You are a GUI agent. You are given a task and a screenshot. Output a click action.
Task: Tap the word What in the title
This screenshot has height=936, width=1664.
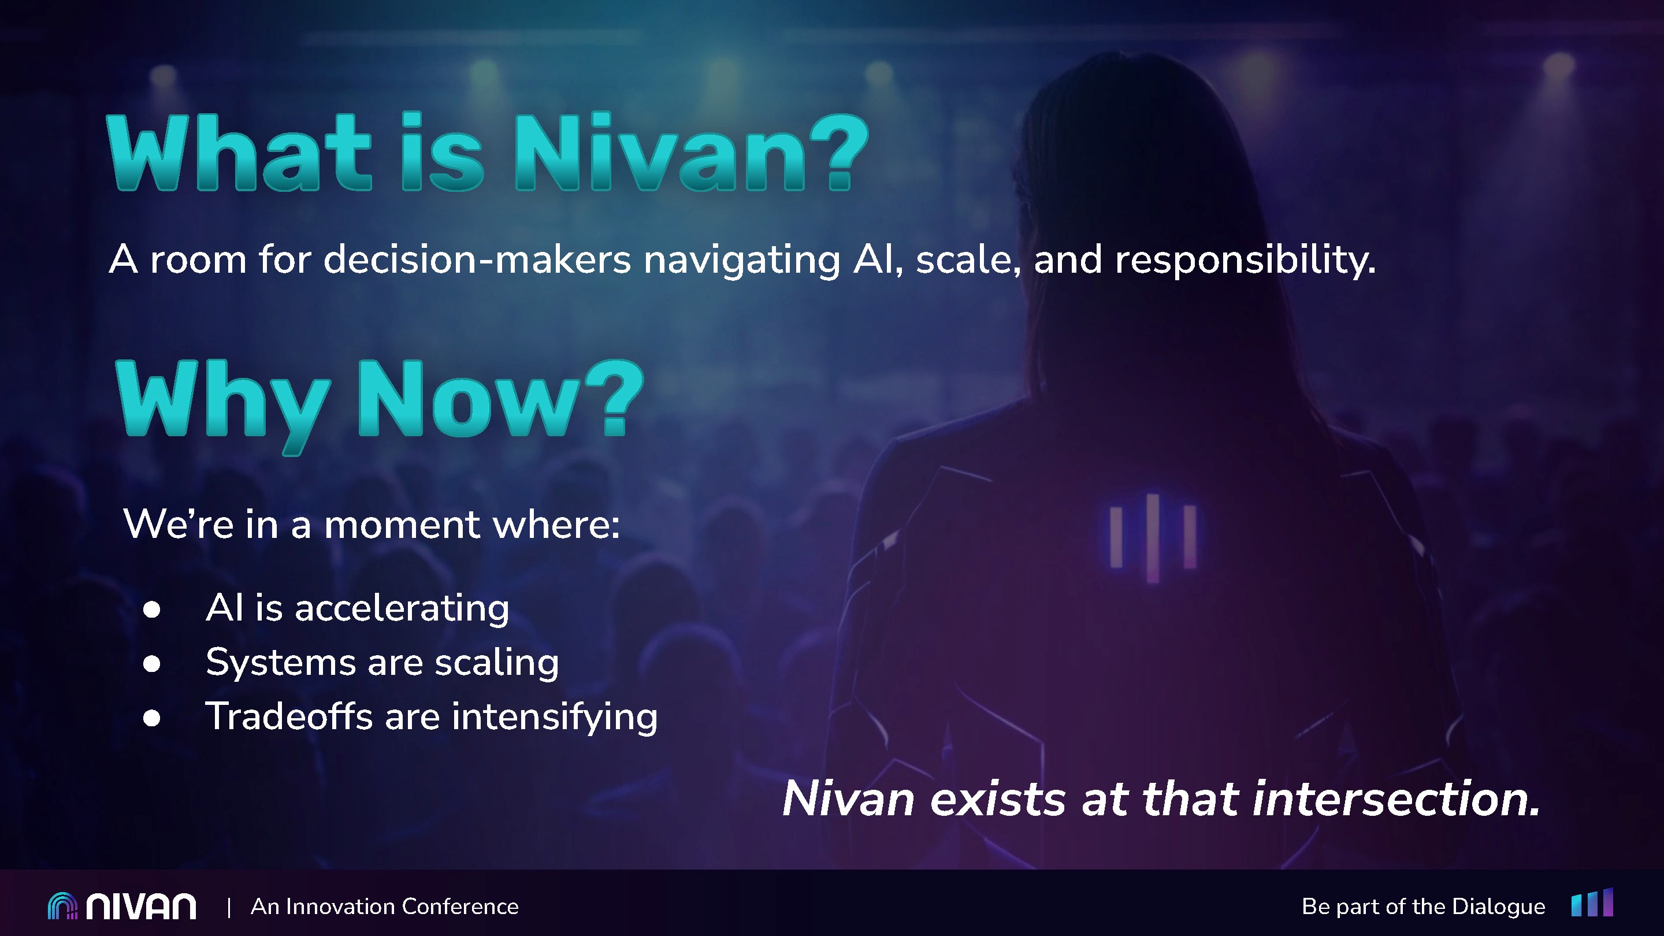239,153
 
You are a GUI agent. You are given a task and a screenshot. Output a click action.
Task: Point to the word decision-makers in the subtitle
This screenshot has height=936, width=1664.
477,259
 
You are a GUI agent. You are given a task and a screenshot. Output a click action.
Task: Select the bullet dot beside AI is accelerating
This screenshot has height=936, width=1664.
152,609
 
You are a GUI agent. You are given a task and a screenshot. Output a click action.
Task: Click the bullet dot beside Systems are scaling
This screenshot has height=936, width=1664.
152,663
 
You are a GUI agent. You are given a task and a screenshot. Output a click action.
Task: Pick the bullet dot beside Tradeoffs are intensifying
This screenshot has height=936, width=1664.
152,718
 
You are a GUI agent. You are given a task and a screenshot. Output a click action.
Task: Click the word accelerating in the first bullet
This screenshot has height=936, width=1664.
402,608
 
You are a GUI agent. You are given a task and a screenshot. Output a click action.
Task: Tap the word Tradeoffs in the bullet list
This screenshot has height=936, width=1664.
289,716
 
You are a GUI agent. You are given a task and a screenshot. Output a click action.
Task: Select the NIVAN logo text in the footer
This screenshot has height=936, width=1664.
142,907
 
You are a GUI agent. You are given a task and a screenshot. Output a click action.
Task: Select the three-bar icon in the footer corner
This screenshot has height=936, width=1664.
1592,903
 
